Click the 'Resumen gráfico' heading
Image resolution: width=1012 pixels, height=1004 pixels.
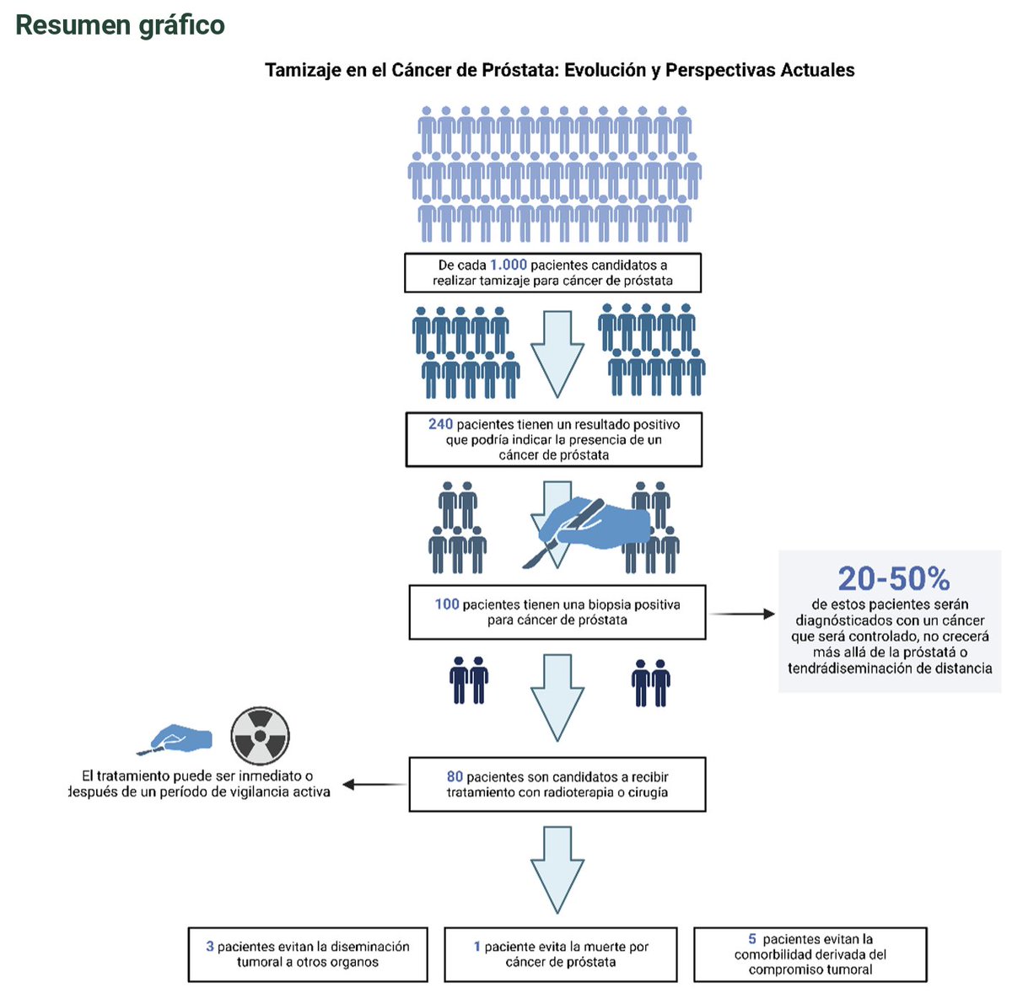point(120,25)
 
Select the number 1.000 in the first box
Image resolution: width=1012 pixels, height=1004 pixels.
point(508,265)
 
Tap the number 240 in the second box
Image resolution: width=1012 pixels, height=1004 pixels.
point(440,424)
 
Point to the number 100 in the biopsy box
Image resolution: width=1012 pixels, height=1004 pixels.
point(447,604)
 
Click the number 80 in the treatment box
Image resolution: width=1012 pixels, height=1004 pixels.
point(455,776)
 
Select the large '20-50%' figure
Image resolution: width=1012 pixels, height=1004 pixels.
point(893,578)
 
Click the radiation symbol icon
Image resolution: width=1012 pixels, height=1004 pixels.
point(261,736)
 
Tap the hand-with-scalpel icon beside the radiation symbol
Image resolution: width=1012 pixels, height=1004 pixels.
point(176,738)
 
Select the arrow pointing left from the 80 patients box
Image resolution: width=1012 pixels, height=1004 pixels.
point(374,785)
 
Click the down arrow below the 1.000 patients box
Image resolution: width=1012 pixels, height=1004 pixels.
point(557,353)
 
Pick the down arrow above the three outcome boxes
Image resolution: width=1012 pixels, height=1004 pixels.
point(557,869)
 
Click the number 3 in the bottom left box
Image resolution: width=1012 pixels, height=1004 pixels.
point(210,947)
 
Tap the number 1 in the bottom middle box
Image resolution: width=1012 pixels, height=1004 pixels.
point(477,947)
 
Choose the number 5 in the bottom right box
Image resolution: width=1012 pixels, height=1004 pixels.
point(752,939)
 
